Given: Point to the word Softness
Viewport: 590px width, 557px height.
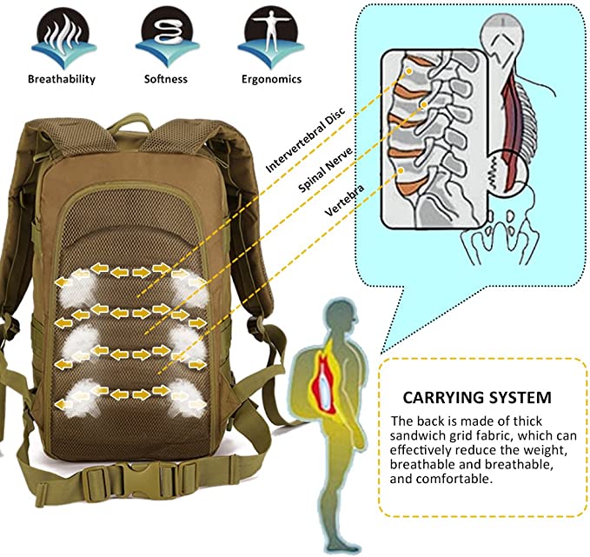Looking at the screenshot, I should point(165,79).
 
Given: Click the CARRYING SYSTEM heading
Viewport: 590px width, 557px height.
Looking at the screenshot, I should point(477,398).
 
